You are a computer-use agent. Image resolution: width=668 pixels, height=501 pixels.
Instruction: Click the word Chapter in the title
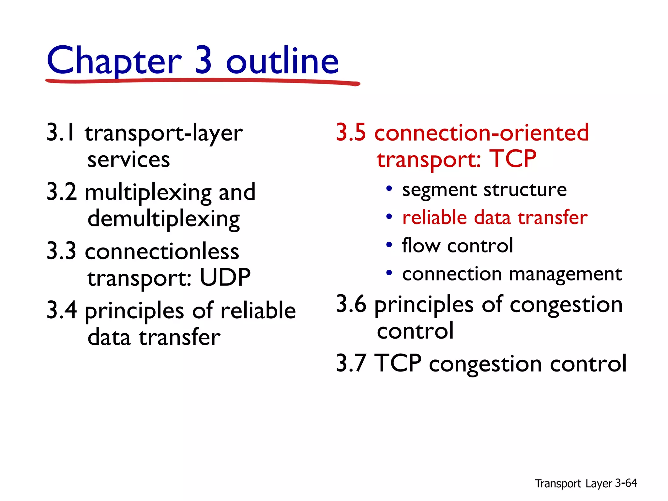[114, 61]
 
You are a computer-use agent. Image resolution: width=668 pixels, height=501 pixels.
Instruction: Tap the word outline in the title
[282, 61]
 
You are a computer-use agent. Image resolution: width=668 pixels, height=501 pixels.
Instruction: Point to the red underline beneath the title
[202, 81]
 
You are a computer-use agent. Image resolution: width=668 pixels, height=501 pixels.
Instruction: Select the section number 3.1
[61, 133]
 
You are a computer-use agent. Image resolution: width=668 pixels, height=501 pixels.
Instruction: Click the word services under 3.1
[129, 160]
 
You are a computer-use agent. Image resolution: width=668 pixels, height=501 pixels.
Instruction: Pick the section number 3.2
[62, 192]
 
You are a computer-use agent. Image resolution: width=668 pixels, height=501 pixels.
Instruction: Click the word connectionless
[162, 251]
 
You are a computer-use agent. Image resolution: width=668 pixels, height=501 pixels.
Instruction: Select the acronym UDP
[225, 278]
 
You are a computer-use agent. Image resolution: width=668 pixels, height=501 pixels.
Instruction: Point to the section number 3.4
[62, 310]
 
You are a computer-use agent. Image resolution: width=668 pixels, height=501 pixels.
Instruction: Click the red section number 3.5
[351, 133]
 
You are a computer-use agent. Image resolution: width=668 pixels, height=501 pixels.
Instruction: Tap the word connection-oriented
[481, 133]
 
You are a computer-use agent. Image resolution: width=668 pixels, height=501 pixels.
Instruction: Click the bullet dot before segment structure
[389, 189]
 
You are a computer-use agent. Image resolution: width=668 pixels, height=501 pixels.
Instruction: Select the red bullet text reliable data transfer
[495, 218]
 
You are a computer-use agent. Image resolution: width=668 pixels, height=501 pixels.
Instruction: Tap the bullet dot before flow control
[389, 245]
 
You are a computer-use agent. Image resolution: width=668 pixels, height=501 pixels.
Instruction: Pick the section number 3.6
[351, 304]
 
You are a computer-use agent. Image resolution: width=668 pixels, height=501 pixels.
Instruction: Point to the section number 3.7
[351, 363]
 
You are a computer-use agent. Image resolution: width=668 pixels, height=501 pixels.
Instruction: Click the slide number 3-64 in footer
[626, 483]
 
